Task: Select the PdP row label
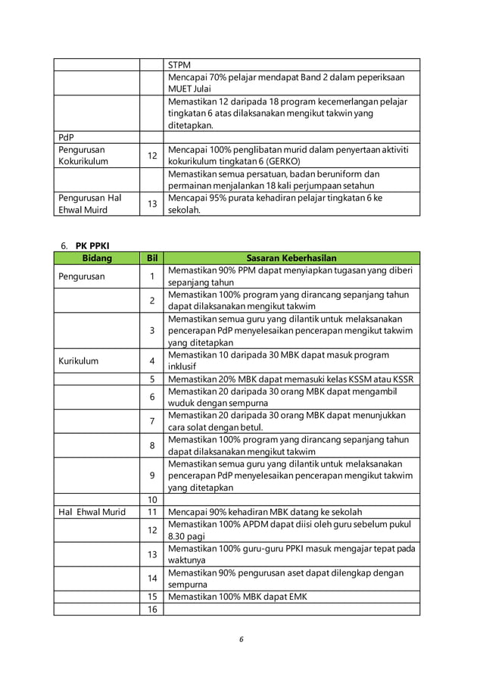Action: pyautogui.click(x=67, y=137)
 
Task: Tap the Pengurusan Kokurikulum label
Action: pyautogui.click(x=83, y=155)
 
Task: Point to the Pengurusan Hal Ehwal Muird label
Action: pyautogui.click(x=89, y=204)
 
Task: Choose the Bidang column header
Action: pyautogui.click(x=96, y=258)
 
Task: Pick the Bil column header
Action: pyautogui.click(x=151, y=258)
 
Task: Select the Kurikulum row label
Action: pyautogui.click(x=78, y=361)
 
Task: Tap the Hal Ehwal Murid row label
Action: pyautogui.click(x=92, y=511)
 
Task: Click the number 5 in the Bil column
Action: pyautogui.click(x=151, y=379)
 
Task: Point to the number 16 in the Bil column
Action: pyautogui.click(x=151, y=609)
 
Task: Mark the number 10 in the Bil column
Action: pyautogui.click(x=151, y=499)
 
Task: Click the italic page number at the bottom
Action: pyautogui.click(x=241, y=638)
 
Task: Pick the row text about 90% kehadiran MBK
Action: pyautogui.click(x=265, y=511)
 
